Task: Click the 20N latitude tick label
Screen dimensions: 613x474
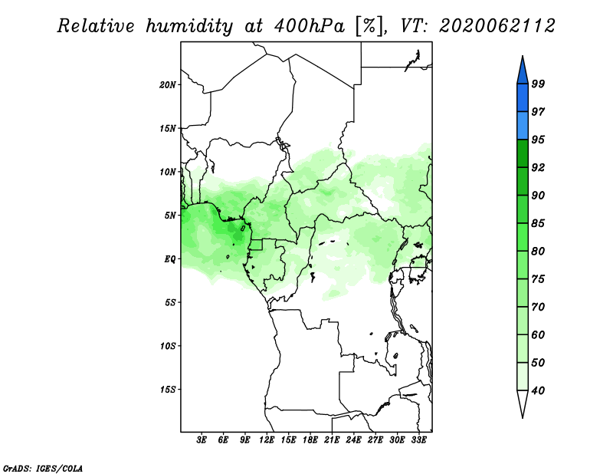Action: point(168,84)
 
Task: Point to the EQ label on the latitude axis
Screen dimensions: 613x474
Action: point(169,258)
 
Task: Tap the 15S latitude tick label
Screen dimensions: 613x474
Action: point(168,390)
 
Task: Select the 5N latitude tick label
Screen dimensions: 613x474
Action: point(170,216)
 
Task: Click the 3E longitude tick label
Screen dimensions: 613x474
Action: point(202,440)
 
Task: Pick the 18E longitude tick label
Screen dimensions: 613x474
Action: point(310,440)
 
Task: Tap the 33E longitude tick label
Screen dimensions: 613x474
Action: point(418,440)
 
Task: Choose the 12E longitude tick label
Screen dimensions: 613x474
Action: point(267,440)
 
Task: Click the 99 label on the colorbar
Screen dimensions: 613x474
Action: point(538,84)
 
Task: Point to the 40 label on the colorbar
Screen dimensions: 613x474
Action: point(538,390)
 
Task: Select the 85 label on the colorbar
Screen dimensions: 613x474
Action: point(538,223)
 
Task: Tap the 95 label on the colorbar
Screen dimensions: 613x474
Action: point(538,140)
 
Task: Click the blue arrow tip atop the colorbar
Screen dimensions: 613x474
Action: point(523,57)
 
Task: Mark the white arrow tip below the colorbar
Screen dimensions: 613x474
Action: point(523,417)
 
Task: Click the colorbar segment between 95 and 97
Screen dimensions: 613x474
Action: point(523,126)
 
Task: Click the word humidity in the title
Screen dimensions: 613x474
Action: point(188,26)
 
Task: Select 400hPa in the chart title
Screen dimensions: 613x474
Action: point(310,26)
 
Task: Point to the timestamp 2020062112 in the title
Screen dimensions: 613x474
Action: point(497,26)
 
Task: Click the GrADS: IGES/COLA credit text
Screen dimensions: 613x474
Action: point(43,468)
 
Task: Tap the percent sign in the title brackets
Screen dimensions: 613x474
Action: point(369,26)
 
